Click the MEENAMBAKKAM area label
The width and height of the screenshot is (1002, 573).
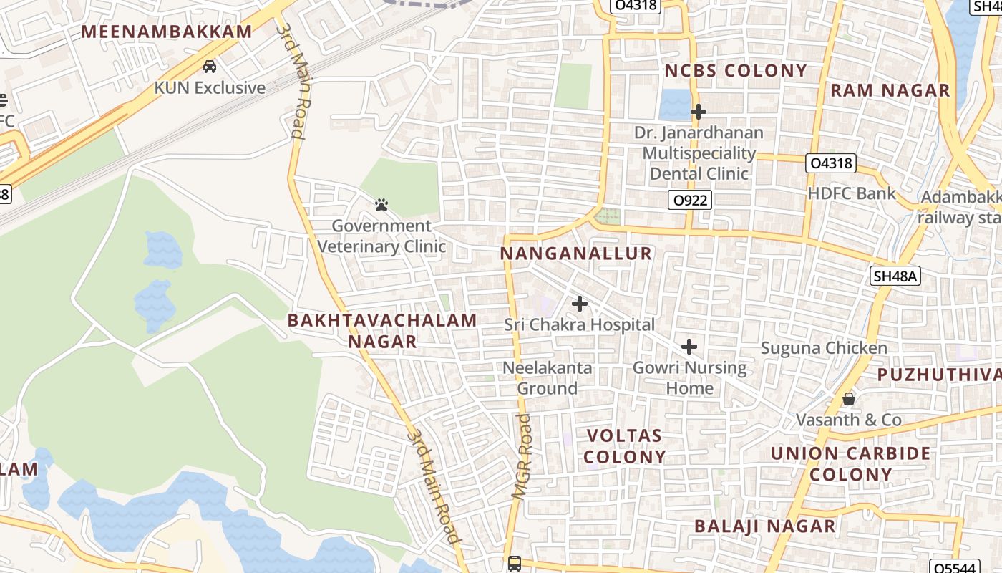[167, 32]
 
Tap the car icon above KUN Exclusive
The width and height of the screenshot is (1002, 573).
[210, 67]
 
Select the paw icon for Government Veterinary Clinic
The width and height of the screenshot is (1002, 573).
[381, 206]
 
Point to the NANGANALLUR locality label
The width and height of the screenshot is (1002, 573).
[576, 254]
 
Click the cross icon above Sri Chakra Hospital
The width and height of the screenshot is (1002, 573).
[580, 304]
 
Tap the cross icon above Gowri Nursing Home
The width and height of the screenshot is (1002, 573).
[689, 347]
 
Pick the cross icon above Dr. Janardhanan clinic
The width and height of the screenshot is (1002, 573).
[698, 112]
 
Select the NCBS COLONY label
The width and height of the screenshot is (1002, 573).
[736, 71]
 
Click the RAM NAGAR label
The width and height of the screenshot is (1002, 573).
[890, 90]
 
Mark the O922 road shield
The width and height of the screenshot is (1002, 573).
[691, 200]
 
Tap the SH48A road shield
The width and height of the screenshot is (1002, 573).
[895, 276]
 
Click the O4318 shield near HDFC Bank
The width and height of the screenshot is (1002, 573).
[830, 163]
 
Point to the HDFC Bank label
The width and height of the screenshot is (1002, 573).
[852, 193]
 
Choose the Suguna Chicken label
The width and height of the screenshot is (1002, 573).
[824, 348]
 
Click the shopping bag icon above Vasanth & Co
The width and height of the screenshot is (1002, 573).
[849, 399]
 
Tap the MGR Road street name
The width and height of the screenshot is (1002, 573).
[523, 456]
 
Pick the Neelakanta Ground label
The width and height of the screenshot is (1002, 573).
[548, 378]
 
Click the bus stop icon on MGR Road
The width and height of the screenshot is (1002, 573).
[515, 564]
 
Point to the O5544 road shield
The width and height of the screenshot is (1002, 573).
[956, 567]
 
